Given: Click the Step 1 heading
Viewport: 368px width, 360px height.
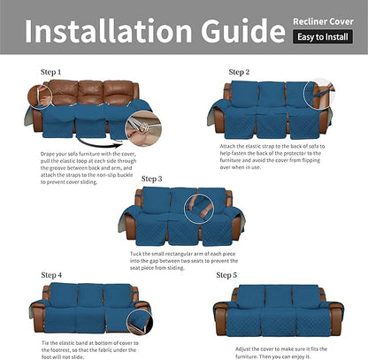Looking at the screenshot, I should pyautogui.click(x=51, y=71).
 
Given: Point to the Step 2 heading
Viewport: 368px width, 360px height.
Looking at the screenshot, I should pyautogui.click(x=239, y=71).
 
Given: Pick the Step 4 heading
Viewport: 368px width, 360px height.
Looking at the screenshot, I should pyautogui.click(x=51, y=274).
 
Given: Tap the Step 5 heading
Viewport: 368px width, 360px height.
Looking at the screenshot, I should pyautogui.click(x=227, y=275).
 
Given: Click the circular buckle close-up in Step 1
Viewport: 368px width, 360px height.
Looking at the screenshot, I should pyautogui.click(x=138, y=130).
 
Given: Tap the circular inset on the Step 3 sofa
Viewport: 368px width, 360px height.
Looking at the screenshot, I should pyautogui.click(x=200, y=209).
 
